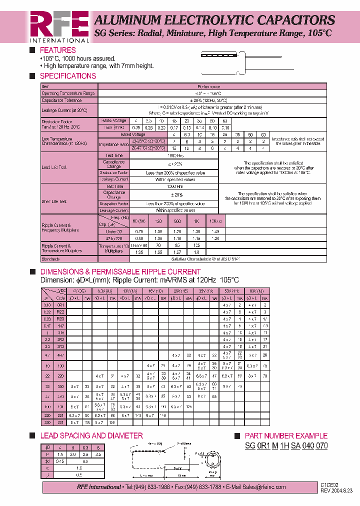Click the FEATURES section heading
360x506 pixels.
click(57, 50)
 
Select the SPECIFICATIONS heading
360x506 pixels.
click(67, 76)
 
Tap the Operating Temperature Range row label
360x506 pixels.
click(67, 93)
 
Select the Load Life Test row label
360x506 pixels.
click(54, 167)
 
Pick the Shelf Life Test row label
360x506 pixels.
click(54, 201)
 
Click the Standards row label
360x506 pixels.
click(50, 259)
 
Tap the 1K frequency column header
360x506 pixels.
click(196, 221)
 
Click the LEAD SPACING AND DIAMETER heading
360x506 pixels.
click(91, 435)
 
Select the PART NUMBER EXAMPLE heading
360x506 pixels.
click(286, 436)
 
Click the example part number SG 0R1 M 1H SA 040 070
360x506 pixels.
click(286, 445)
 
